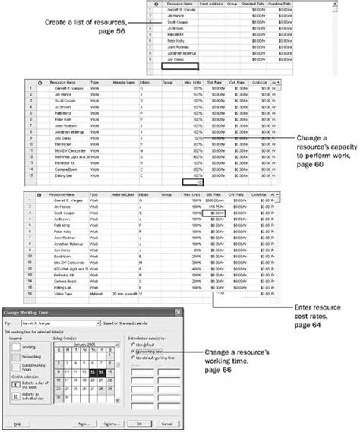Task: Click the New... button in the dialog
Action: [83, 424]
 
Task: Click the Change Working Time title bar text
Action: [30, 312]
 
